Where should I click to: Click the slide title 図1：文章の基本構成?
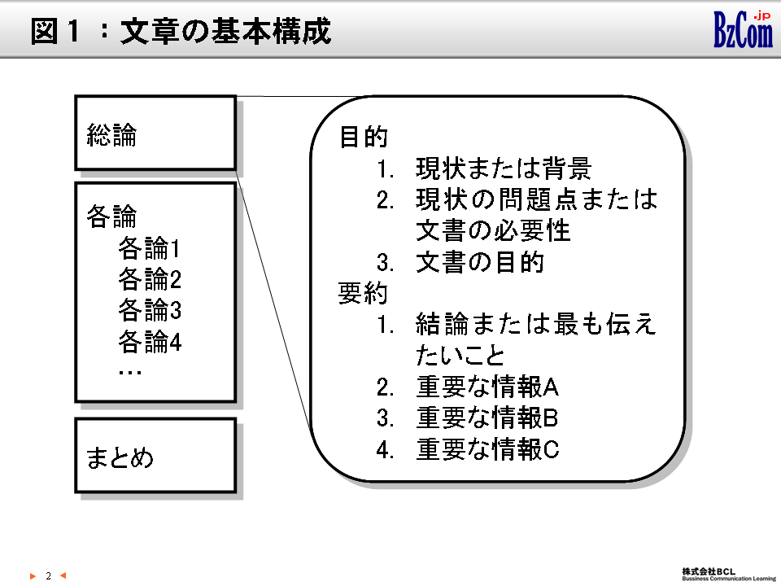181,32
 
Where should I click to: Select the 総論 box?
155,133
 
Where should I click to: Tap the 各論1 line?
150,247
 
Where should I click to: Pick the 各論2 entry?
150,279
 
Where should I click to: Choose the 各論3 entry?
150,310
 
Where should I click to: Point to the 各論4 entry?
150,342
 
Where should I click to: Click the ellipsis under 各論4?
130,372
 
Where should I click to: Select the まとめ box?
155,456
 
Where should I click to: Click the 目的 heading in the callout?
363,137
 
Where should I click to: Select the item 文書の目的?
479,263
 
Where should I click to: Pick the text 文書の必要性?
493,230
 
